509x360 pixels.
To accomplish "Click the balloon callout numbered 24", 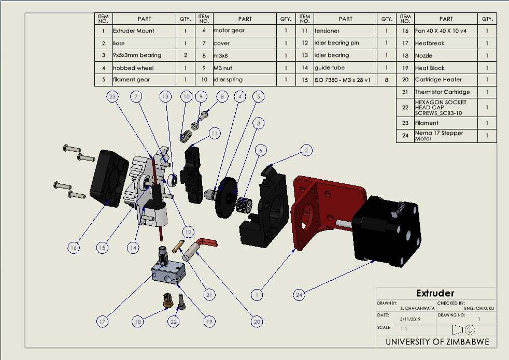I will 299,295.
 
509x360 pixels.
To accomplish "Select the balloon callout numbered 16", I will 74,248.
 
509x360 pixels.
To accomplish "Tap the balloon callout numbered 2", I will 306,150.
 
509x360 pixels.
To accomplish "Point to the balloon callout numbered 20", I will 257,322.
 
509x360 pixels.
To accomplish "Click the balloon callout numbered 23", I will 112,96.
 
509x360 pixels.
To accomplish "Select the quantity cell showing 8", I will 387,80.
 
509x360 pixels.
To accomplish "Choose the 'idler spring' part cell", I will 245,80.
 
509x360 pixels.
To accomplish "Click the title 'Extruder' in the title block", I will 435,293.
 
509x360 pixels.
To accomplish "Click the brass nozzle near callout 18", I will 167,300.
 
